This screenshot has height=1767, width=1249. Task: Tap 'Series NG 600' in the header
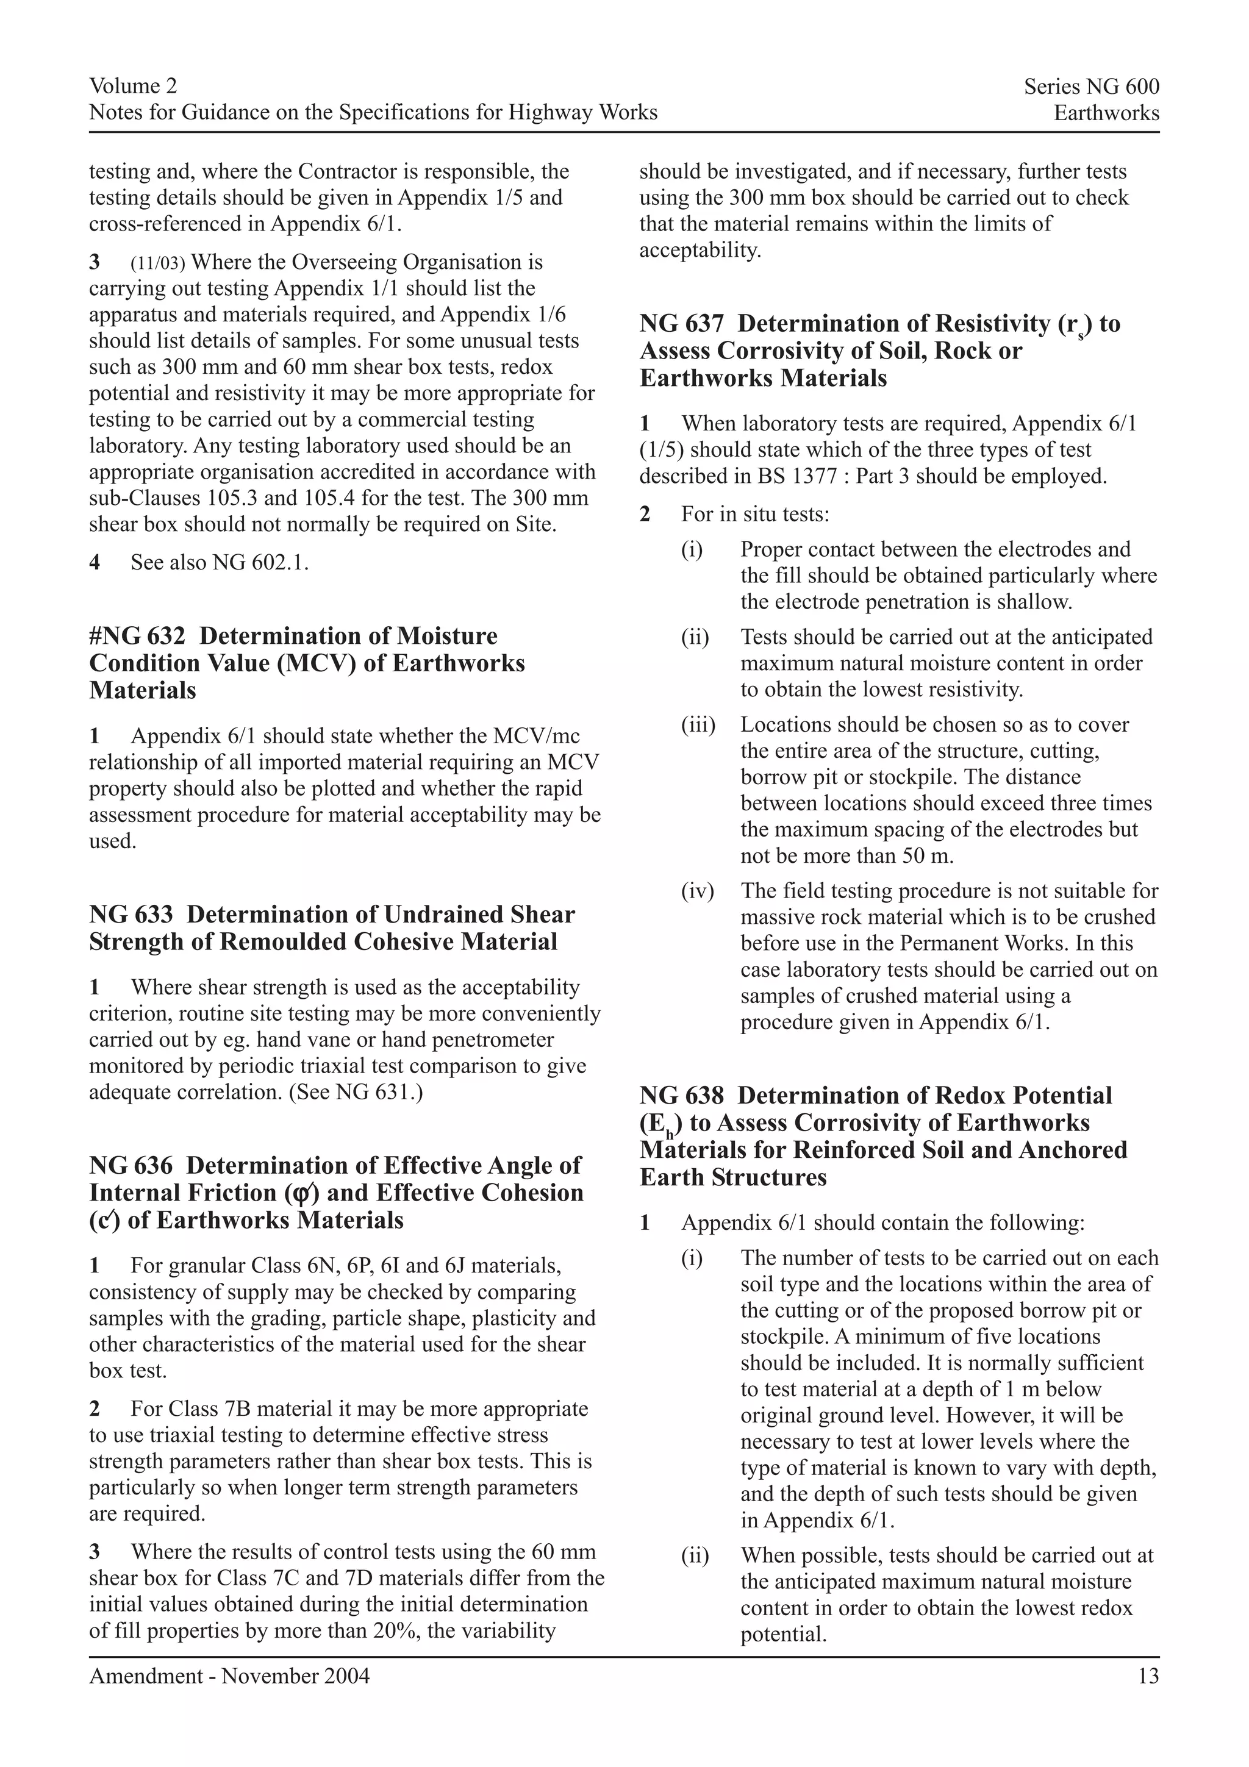(x=1090, y=87)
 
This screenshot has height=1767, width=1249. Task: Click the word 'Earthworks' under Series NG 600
(x=1106, y=113)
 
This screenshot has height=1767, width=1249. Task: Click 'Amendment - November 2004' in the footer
(x=229, y=1676)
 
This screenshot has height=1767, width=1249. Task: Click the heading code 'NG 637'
(x=681, y=323)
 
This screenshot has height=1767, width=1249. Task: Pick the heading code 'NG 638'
(x=681, y=1095)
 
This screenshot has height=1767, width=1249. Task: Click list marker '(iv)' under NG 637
(x=697, y=891)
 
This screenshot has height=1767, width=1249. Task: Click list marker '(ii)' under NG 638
(x=695, y=1555)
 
